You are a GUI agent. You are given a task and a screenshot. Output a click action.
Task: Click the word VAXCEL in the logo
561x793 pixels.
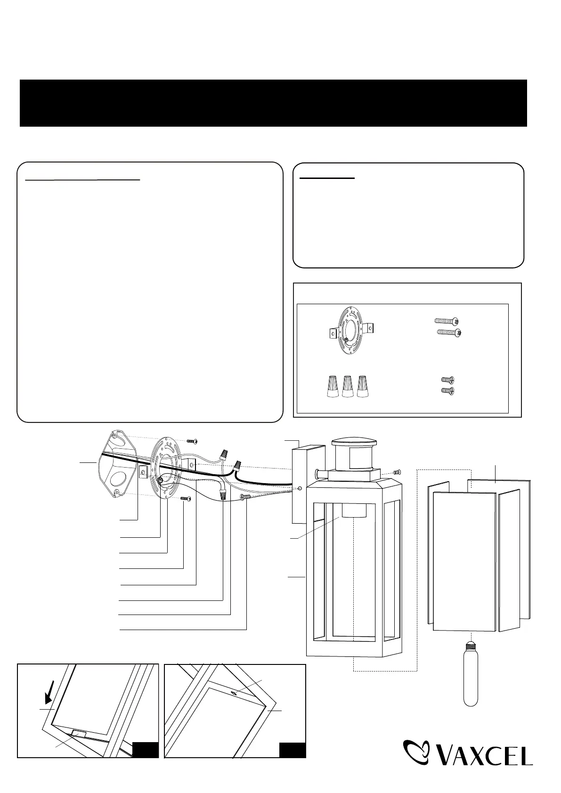tap(487, 755)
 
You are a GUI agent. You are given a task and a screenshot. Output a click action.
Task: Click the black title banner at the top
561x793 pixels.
tap(273, 103)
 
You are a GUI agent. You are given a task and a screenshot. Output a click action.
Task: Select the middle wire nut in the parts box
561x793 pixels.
tap(348, 387)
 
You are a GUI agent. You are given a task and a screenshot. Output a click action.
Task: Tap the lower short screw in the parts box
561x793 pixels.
tap(447, 390)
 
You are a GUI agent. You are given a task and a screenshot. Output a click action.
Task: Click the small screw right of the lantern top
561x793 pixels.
tap(397, 472)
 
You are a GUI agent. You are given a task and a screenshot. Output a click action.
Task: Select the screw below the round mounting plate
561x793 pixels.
tap(185, 498)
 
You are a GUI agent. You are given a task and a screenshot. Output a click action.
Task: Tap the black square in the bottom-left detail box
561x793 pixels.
tap(146, 750)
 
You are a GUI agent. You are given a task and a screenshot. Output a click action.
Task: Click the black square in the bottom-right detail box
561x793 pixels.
tap(292, 750)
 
